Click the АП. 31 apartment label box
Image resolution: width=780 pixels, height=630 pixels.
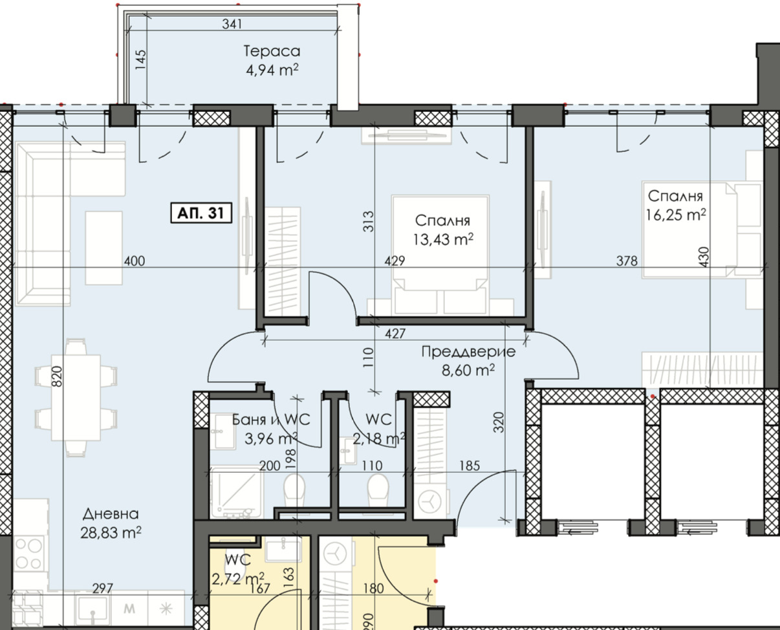pos(200,213)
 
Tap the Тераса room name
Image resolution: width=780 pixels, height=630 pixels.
pos(272,51)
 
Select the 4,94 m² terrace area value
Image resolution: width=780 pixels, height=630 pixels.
pos(272,70)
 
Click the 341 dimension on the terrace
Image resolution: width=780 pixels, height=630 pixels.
pos(231,25)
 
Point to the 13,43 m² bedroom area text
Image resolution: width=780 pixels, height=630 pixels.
pos(444,239)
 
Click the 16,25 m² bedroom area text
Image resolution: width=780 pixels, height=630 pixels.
pos(675,215)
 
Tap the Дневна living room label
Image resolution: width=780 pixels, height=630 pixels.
pos(111,514)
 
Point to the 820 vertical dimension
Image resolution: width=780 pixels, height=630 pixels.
pos(57,375)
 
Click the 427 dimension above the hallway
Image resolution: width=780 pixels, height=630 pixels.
pos(395,334)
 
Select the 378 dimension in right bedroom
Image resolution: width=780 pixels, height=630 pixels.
pos(627,261)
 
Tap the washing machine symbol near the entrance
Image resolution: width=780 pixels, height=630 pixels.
pos(428,501)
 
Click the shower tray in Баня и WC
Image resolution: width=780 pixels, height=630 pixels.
pos(235,492)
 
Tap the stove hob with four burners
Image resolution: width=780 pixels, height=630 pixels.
pos(28,553)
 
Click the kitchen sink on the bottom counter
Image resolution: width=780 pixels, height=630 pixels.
pos(93,608)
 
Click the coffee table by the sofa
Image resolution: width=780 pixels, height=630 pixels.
pos(103,247)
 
